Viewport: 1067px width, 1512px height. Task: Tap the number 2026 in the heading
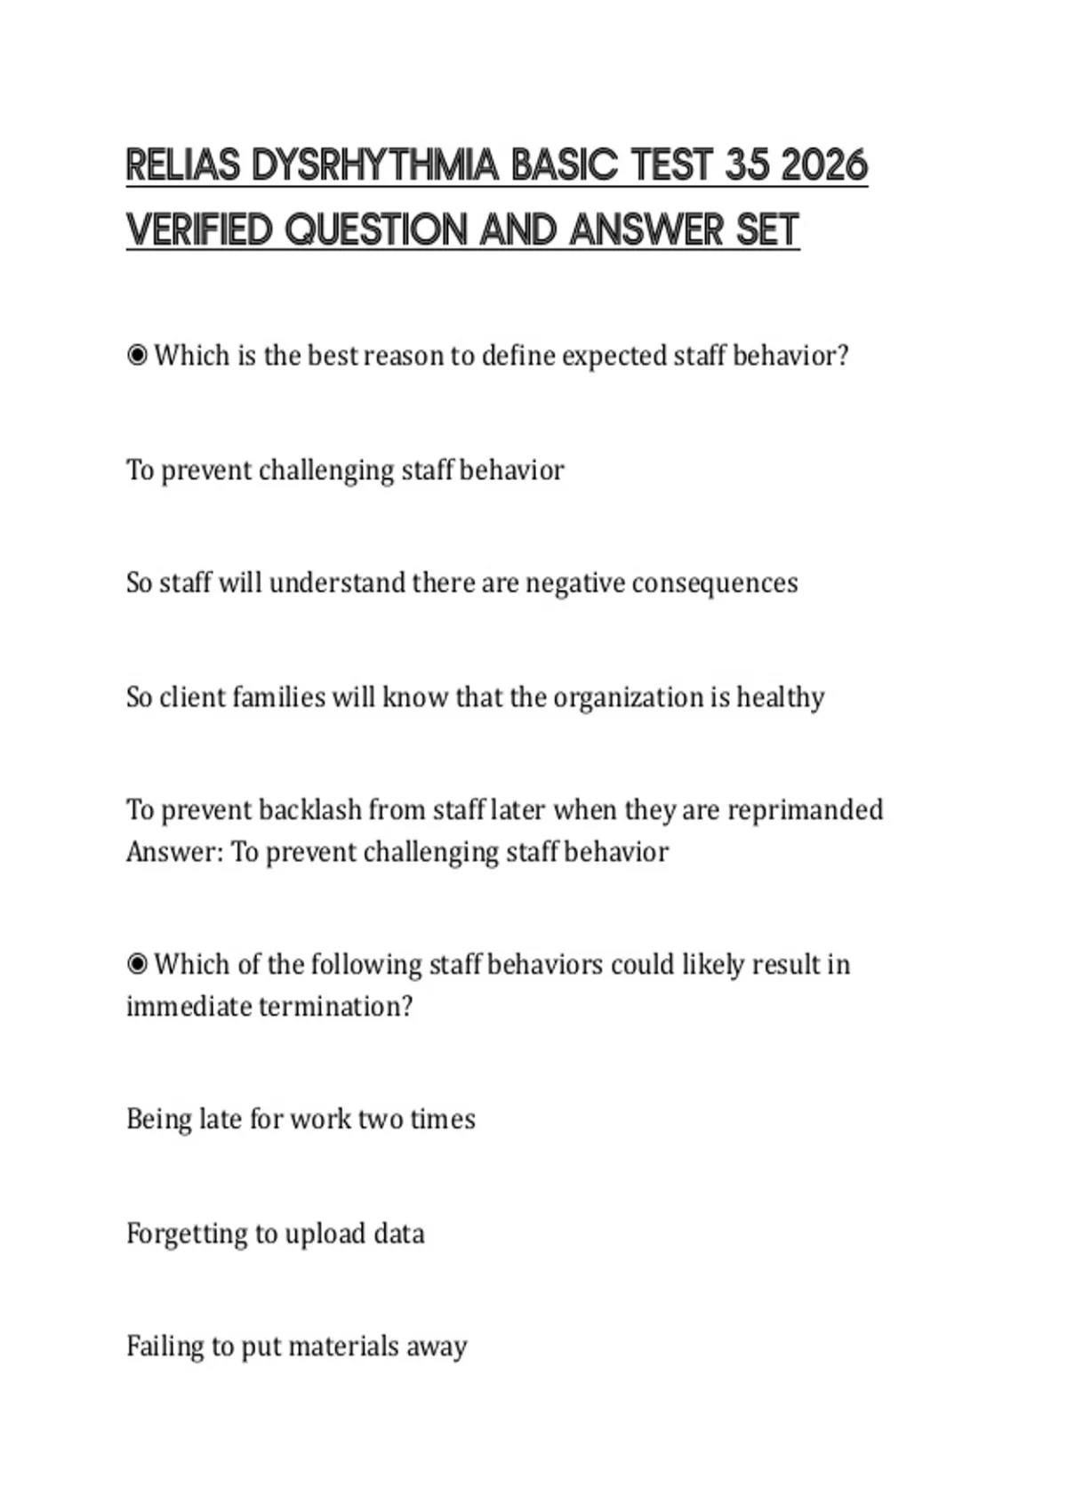824,165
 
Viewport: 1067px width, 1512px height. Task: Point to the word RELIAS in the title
182,165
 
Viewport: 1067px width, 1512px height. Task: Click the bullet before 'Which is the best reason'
137,356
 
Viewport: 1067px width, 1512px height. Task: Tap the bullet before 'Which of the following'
137,964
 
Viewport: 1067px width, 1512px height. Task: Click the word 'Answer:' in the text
174,852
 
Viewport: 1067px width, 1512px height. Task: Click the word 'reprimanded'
806,810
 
